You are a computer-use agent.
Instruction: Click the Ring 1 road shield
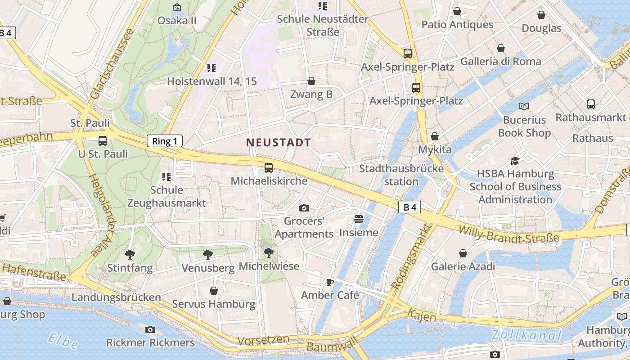click(165, 141)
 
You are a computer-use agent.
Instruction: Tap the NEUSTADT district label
click(279, 143)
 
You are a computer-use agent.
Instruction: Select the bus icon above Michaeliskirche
click(269, 168)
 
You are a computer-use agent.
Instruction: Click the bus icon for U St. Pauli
click(103, 141)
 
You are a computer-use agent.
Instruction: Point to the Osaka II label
click(177, 21)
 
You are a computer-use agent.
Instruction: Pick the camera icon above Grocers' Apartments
click(304, 208)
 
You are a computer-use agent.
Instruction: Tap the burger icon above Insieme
click(359, 219)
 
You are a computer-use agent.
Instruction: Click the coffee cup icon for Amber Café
click(330, 282)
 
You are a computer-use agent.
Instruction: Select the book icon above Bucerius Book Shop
click(524, 106)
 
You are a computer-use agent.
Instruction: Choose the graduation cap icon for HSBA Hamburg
click(515, 161)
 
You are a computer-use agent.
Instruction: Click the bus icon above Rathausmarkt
click(591, 104)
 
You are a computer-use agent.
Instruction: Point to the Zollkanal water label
click(526, 335)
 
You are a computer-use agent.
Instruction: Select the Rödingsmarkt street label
click(412, 257)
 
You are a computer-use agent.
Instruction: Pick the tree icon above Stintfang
click(130, 255)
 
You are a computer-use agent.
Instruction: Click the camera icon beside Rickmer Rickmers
click(150, 330)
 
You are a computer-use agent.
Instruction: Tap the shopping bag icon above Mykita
click(435, 136)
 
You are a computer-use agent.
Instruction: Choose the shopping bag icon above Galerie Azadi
click(463, 253)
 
